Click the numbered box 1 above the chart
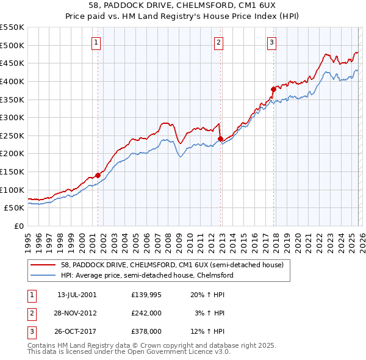click(x=97, y=42)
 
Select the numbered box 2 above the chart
click(x=219, y=42)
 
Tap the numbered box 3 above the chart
click(x=272, y=42)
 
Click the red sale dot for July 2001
click(x=98, y=175)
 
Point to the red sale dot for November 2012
click(x=220, y=139)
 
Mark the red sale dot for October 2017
click(x=273, y=89)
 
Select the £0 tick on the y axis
click(x=18, y=226)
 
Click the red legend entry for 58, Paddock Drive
click(x=172, y=265)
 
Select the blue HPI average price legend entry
click(x=147, y=276)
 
